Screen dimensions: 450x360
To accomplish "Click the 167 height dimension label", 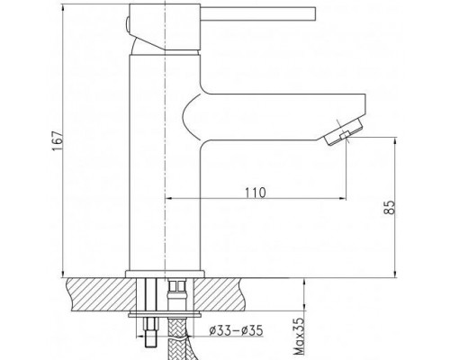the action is (58, 140).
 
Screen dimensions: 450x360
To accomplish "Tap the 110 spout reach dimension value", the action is (256, 193).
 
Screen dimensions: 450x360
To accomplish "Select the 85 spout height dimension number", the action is (390, 207).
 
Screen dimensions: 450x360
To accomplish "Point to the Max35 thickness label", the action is (299, 337).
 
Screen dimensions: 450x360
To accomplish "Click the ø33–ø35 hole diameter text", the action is (236, 330).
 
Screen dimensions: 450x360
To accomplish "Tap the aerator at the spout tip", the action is (343, 131).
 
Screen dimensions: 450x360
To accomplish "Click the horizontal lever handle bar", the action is (258, 14).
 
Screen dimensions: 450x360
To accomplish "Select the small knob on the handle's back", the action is (127, 26).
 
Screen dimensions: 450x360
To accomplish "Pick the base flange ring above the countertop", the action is (165, 274).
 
